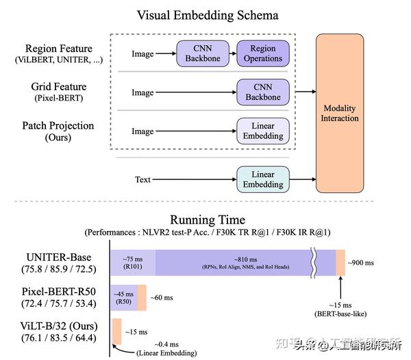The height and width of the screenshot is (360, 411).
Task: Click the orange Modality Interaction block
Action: (340, 113)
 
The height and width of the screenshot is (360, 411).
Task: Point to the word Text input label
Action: (142, 179)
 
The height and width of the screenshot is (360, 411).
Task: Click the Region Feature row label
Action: (60, 49)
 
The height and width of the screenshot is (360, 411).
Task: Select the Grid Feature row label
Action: (58, 87)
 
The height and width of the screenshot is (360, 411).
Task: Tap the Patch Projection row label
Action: (58, 125)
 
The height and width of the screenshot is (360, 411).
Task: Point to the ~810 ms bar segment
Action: (233, 263)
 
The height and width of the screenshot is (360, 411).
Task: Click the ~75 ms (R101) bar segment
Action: (132, 263)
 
